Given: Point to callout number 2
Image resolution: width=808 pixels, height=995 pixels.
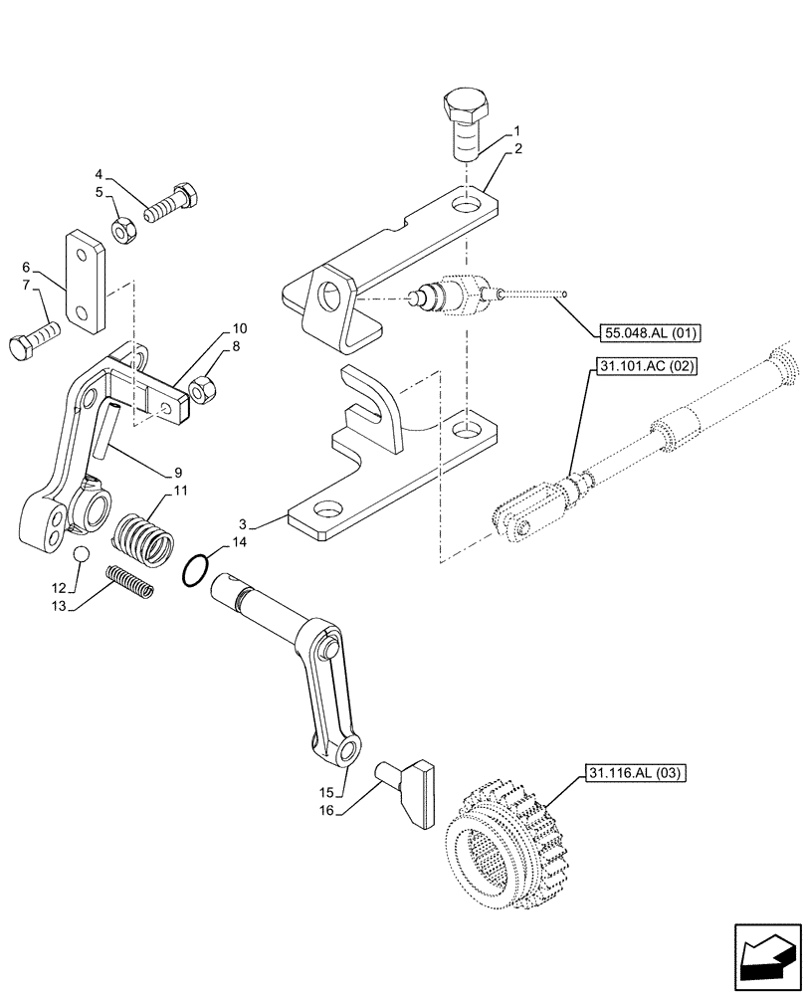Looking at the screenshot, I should pyautogui.click(x=518, y=148).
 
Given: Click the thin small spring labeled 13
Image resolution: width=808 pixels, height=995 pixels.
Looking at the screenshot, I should pyautogui.click(x=130, y=582).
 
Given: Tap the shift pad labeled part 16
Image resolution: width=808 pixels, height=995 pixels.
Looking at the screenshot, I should pyautogui.click(x=412, y=792).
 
